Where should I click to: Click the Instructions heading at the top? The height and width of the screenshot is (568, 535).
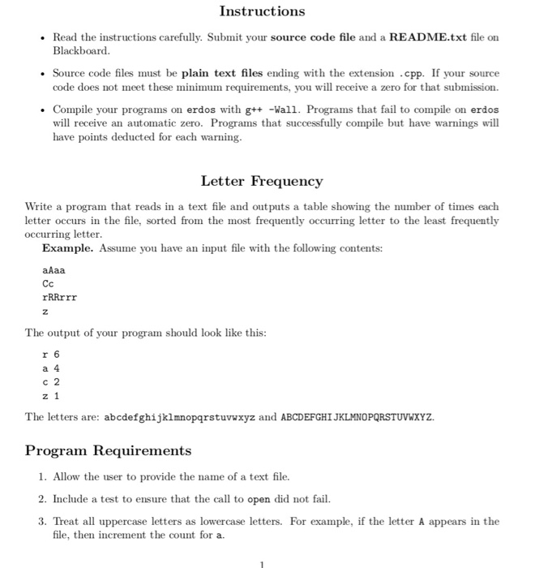tap(263, 11)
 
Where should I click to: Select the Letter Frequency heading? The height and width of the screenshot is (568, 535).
tap(262, 181)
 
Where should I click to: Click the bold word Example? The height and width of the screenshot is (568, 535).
tap(69, 247)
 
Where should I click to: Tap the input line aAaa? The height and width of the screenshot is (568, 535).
tap(53, 269)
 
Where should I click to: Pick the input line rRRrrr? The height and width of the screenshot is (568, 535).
tap(59, 297)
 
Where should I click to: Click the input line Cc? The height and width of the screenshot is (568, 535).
tap(48, 283)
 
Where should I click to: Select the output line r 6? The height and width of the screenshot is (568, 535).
tap(50, 355)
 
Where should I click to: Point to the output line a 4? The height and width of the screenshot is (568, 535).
tap(50, 368)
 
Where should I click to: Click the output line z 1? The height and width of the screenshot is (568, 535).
tap(50, 395)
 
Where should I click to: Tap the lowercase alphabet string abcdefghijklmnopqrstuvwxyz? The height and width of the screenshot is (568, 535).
tap(180, 417)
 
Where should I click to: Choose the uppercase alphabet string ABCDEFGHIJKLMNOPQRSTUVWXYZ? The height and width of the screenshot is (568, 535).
tap(357, 417)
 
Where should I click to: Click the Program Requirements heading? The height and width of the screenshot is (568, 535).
tap(109, 450)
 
